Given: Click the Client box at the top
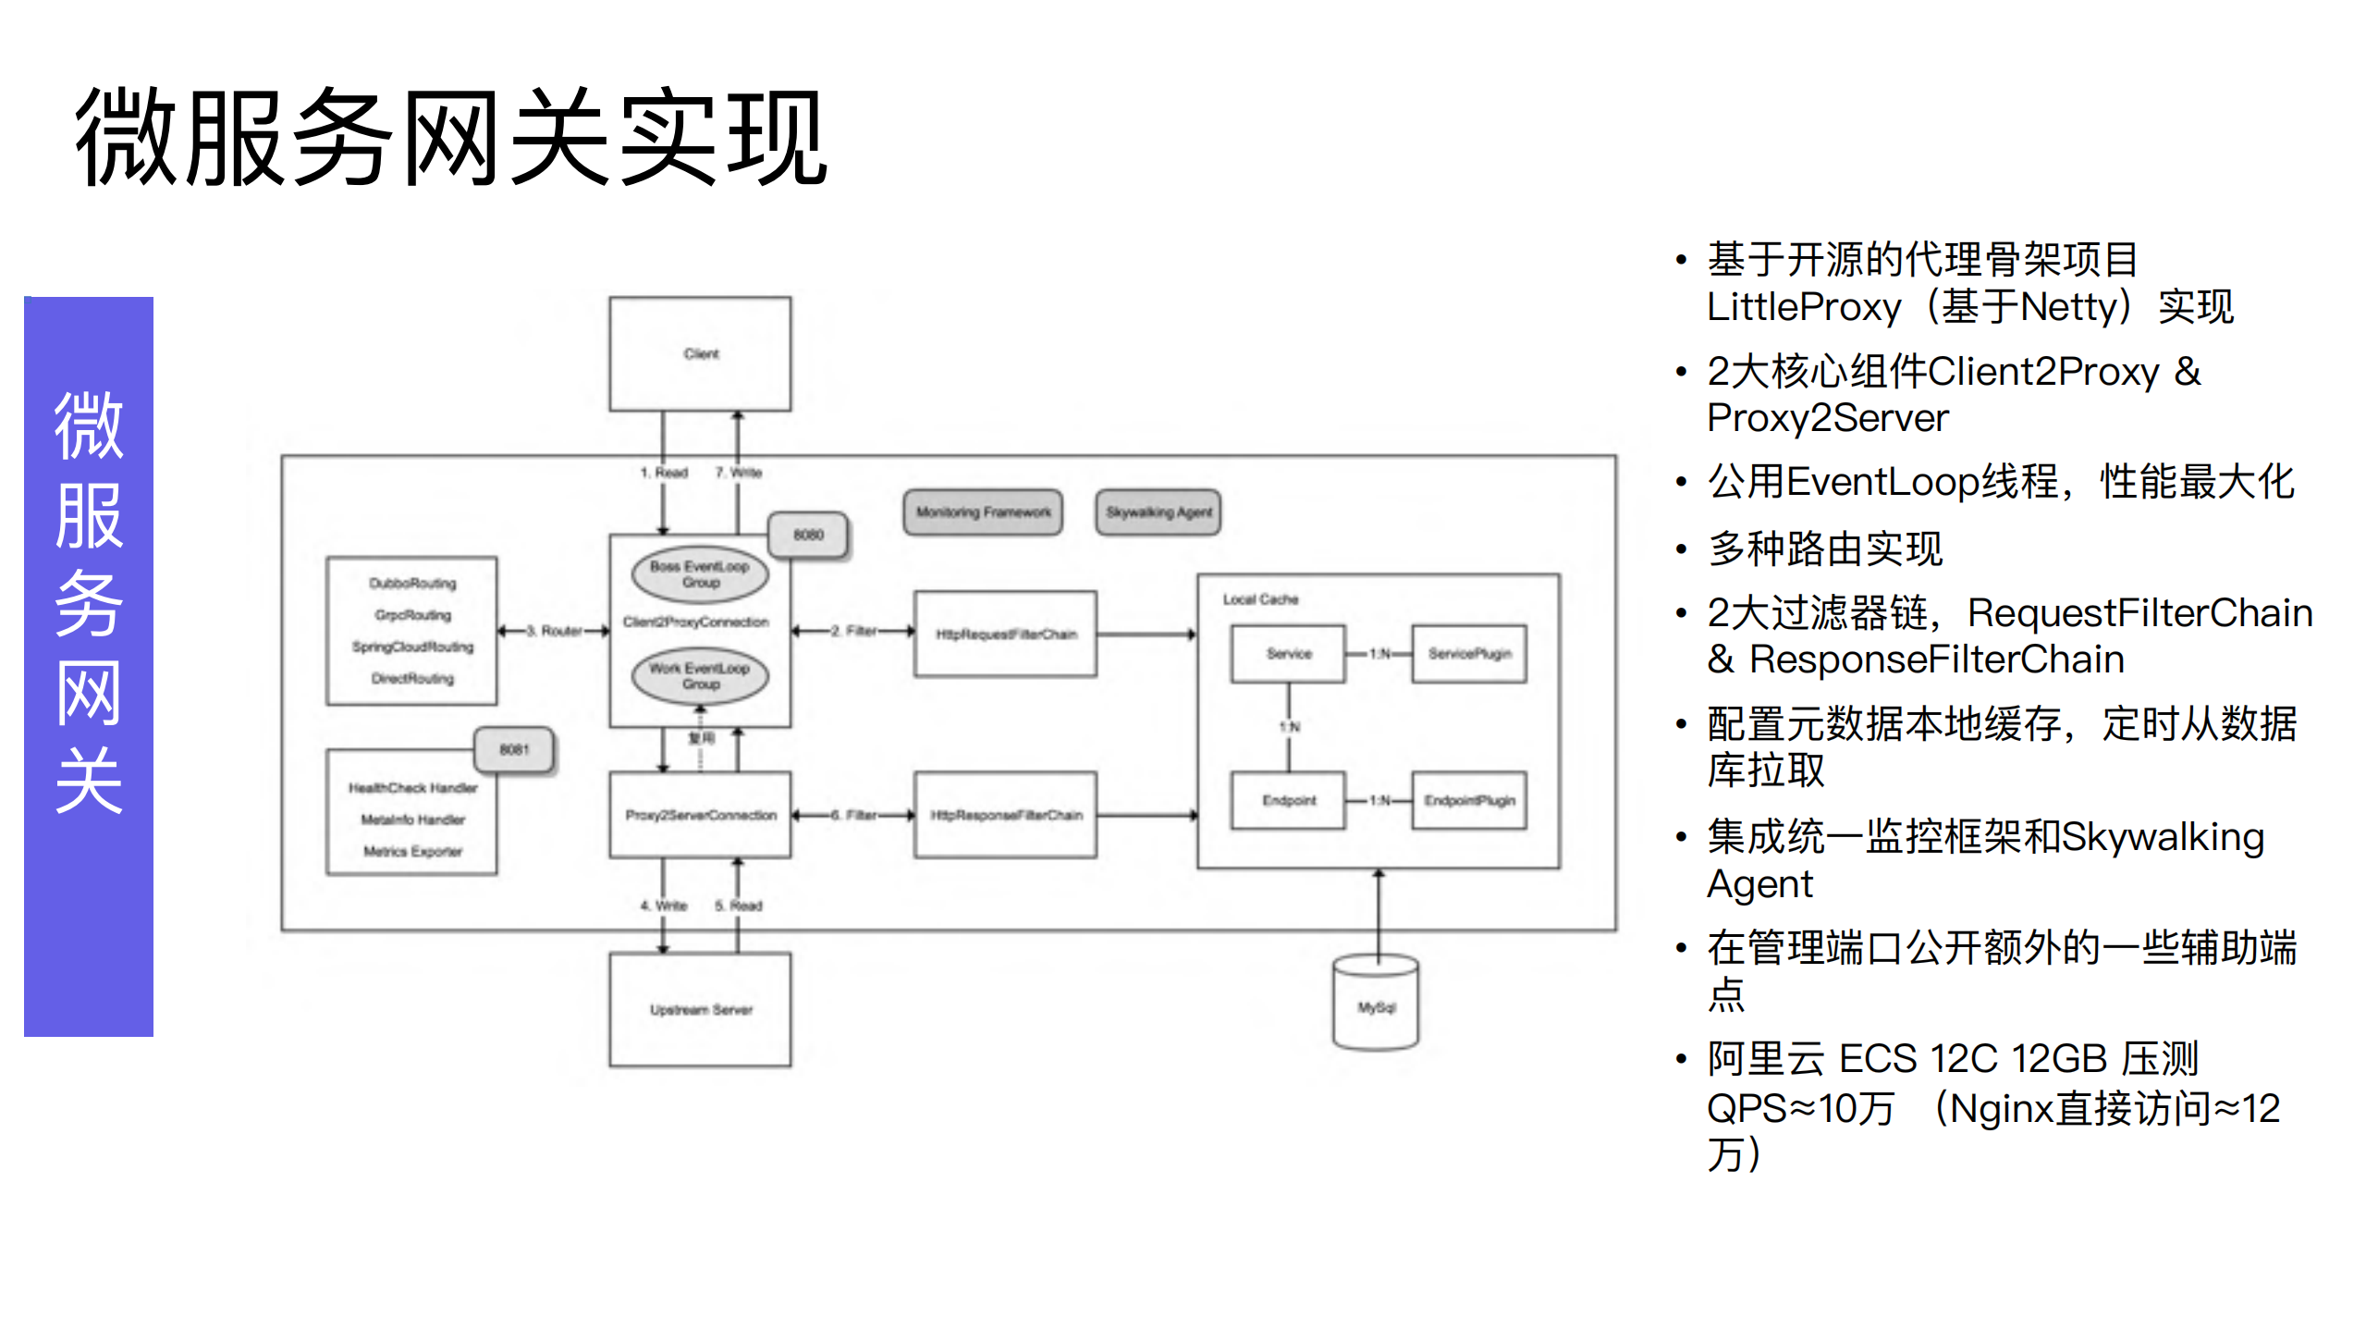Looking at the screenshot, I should coord(700,353).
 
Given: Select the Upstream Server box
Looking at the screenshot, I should coord(700,1009).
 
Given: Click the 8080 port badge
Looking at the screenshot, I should coord(808,536).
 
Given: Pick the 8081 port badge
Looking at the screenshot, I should coord(514,749).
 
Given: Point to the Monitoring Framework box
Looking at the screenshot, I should coord(983,512).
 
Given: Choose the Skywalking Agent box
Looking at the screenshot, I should coord(1158,512).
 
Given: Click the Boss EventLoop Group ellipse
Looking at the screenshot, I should coord(700,574).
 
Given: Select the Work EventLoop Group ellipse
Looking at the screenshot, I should coord(700,676).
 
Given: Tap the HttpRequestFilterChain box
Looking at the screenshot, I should coord(1006,635).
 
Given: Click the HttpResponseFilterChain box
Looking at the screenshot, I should coord(1006,815).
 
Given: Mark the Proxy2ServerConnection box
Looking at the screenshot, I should coord(700,815).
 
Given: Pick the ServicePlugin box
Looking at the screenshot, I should coord(1469,654).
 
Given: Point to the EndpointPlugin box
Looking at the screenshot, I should coord(1469,801).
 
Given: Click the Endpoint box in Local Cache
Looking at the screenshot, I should coord(1289,801).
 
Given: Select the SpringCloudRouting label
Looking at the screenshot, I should coord(412,647).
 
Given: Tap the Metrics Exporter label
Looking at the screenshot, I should coord(412,851).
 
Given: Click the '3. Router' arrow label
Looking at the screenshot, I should coord(561,631).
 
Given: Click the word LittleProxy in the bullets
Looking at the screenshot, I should coord(1804,307).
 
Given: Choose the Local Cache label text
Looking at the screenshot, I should coord(1260,599).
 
